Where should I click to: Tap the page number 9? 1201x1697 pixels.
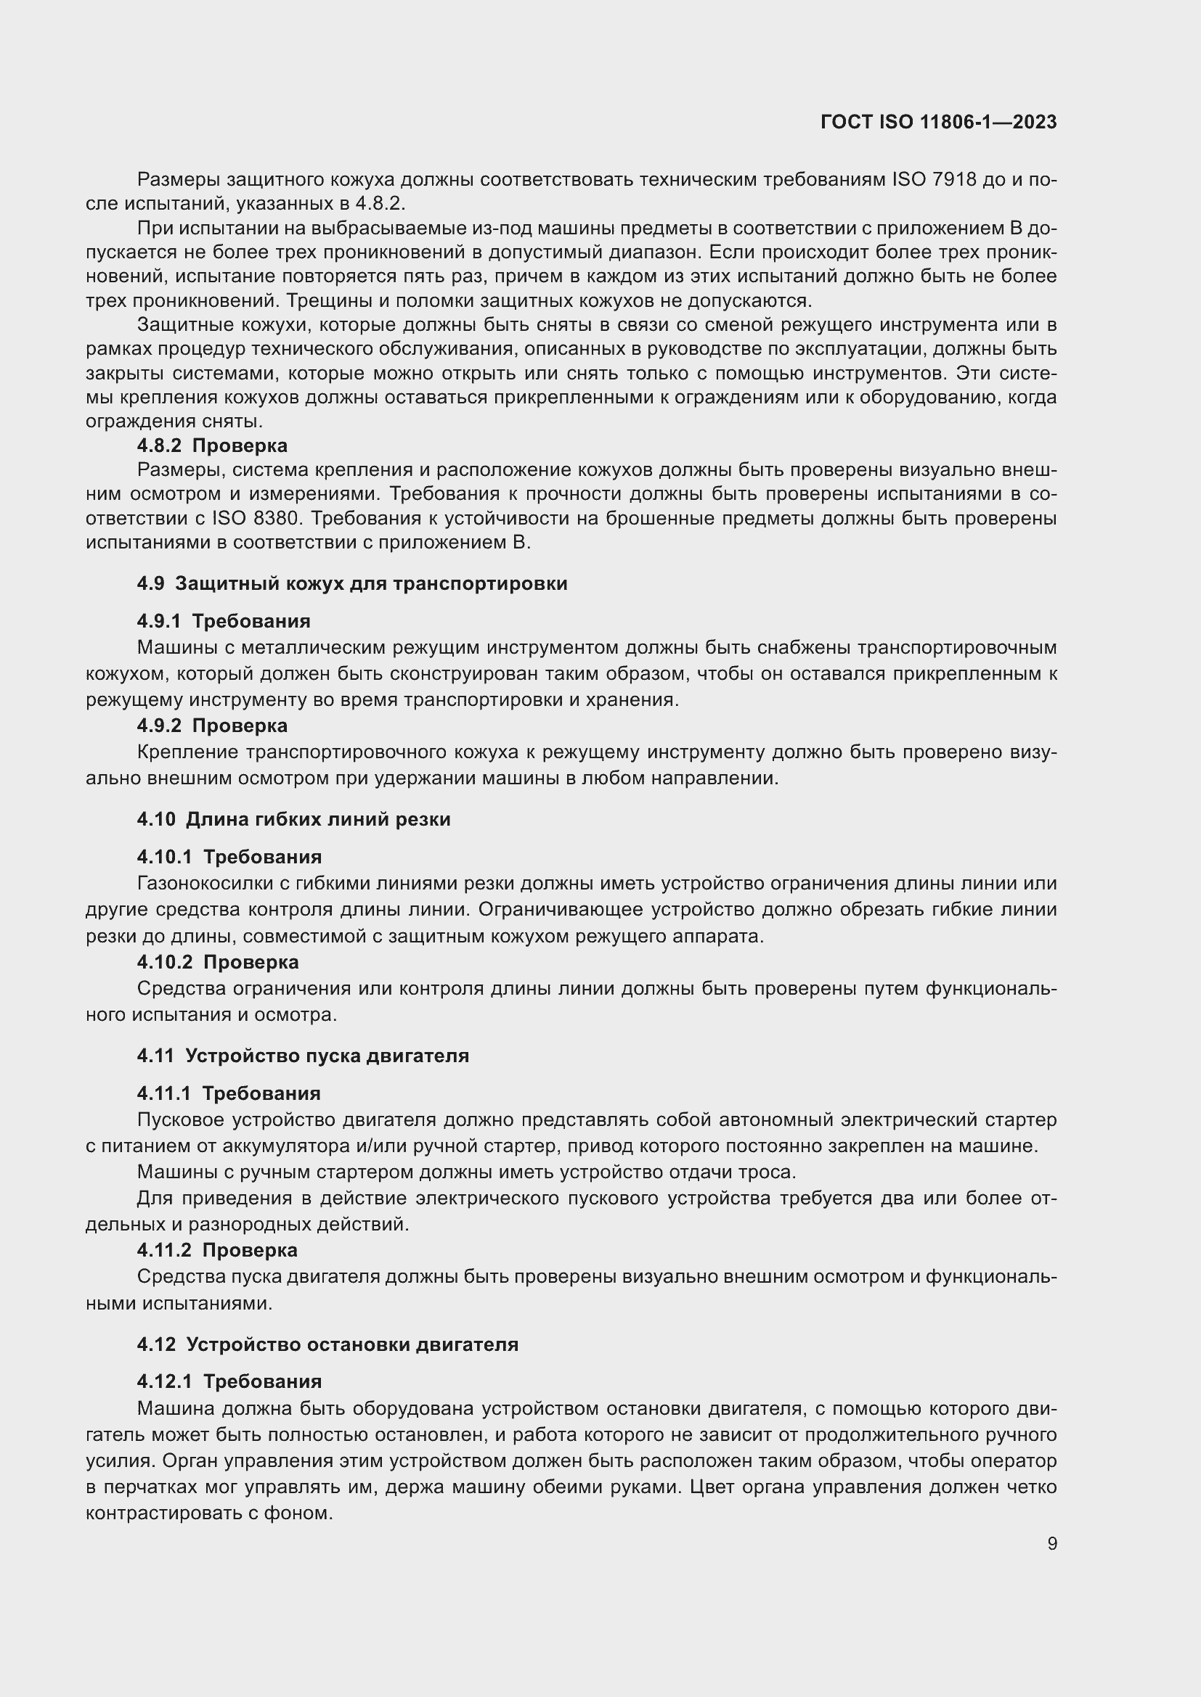coord(1051,1544)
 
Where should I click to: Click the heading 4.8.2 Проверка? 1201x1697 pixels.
coord(212,445)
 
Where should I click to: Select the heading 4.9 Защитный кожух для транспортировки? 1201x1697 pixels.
coord(352,583)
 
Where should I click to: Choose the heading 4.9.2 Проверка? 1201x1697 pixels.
coord(212,725)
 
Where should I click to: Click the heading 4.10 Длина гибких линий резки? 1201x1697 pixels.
coord(293,819)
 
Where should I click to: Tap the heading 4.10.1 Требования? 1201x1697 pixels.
coord(229,857)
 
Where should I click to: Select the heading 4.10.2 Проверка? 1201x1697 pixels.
coord(217,961)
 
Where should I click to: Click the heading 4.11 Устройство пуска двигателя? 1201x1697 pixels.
coord(303,1056)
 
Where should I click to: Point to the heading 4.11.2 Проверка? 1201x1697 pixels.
coord(216,1250)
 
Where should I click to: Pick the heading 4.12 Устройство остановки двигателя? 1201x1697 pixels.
coord(327,1344)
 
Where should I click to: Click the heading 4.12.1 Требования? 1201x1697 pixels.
coord(229,1381)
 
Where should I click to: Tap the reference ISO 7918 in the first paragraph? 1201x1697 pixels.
coord(935,180)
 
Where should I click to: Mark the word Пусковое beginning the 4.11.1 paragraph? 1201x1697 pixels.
coord(181,1119)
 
